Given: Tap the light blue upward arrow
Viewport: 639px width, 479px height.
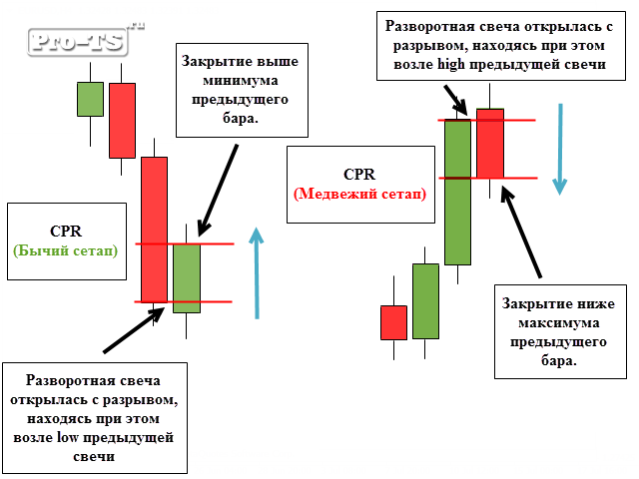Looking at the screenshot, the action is tap(257, 272).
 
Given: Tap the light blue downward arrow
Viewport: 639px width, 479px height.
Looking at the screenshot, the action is tap(560, 149).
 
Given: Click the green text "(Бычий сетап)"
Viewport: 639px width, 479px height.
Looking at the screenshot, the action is tap(66, 250).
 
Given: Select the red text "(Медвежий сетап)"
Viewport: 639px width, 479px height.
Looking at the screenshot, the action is tap(360, 194).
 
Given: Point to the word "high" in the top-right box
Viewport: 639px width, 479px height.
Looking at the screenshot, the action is tap(451, 64).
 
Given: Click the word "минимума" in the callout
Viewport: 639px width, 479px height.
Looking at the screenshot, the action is tap(241, 80).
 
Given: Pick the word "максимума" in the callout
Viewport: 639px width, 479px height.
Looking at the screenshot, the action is tap(559, 323).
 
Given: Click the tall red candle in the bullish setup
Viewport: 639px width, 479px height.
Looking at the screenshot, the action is tap(154, 230).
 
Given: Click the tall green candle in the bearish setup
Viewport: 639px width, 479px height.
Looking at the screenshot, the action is tap(457, 192).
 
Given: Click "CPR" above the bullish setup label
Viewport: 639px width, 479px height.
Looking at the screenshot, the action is tap(66, 231).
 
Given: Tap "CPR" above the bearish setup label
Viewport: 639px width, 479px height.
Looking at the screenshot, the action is tap(359, 174).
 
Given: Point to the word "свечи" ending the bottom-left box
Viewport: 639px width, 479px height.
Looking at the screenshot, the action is tap(94, 456).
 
